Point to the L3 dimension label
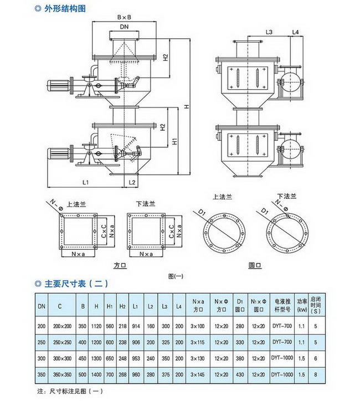pos(269,33)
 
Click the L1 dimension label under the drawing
pos(86,181)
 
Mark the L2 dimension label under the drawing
pos(132,181)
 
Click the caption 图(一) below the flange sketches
pos(176,275)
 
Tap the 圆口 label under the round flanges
pos(255,265)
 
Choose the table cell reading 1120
pos(96,327)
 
